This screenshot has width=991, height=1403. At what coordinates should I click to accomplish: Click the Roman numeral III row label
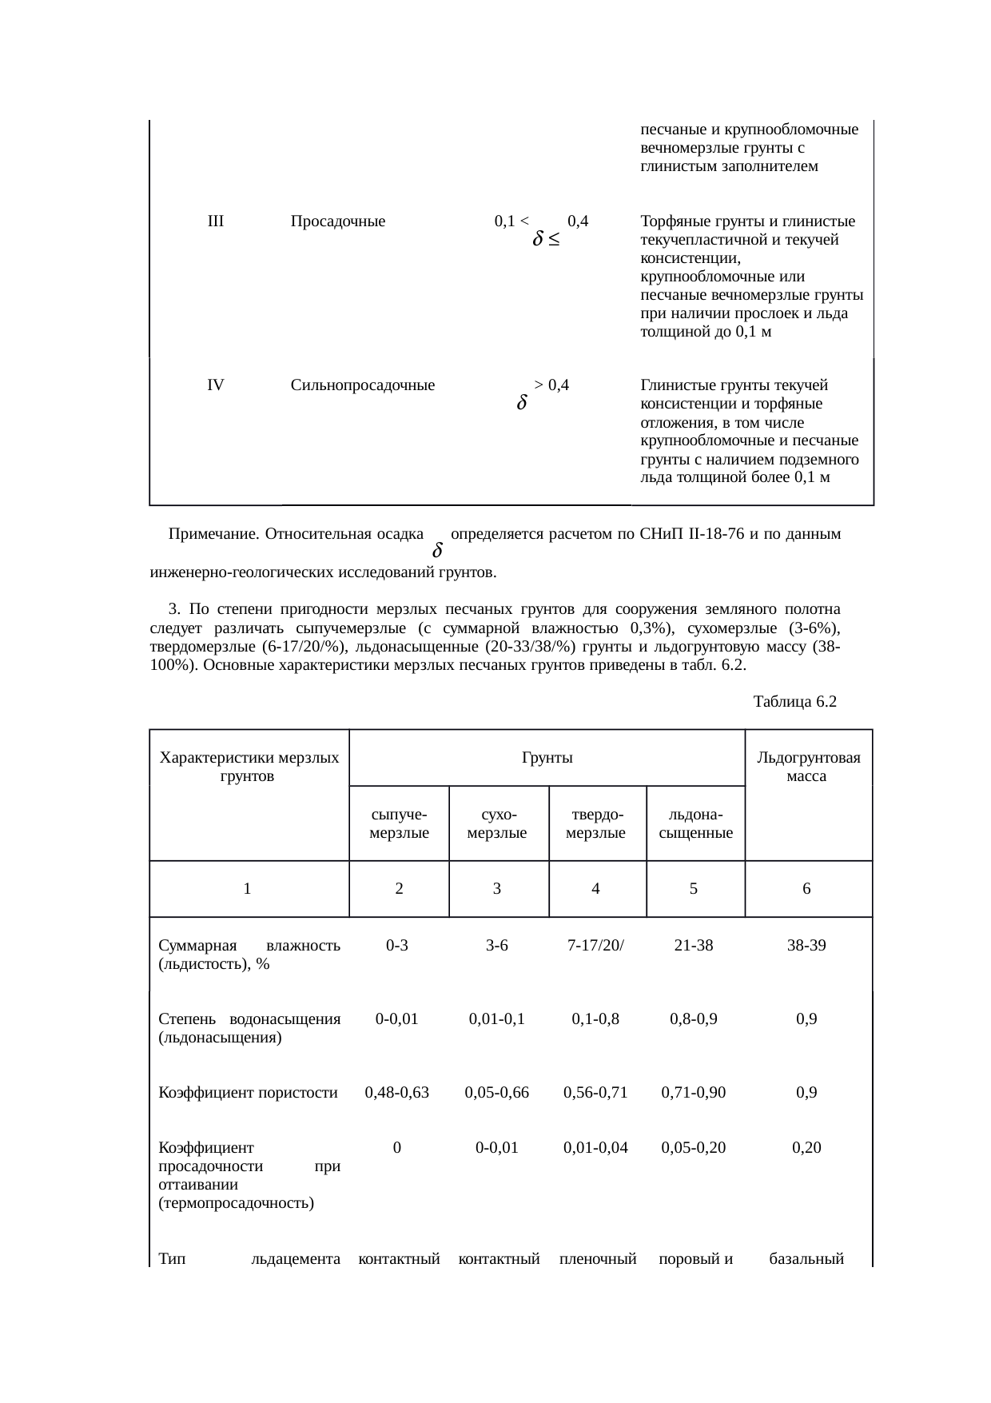point(215,221)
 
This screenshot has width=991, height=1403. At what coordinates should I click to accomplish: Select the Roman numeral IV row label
point(215,385)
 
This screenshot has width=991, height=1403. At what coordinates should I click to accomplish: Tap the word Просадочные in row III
point(338,221)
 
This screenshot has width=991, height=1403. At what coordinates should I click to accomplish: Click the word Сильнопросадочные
point(363,385)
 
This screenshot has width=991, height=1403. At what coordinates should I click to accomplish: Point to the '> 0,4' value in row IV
point(551,385)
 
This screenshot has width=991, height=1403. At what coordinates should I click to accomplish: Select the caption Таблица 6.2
point(794,702)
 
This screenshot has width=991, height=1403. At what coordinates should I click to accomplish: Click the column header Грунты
point(547,757)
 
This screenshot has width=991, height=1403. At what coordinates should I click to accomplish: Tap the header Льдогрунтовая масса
point(808,767)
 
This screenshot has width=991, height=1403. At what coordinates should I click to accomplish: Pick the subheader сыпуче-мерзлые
point(399,823)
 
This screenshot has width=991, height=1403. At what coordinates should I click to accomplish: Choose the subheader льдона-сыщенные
point(695,823)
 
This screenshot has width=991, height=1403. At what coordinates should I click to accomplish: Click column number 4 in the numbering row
point(596,888)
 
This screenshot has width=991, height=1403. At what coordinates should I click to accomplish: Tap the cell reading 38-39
point(806,946)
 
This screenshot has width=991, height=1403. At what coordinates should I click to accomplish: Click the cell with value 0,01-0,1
point(496,1019)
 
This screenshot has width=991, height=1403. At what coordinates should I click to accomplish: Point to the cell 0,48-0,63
point(397,1092)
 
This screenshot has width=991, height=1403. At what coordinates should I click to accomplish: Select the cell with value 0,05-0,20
point(694,1148)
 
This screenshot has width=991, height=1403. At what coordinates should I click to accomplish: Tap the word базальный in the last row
point(806,1260)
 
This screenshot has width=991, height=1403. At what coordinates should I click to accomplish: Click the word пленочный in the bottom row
point(597,1260)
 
